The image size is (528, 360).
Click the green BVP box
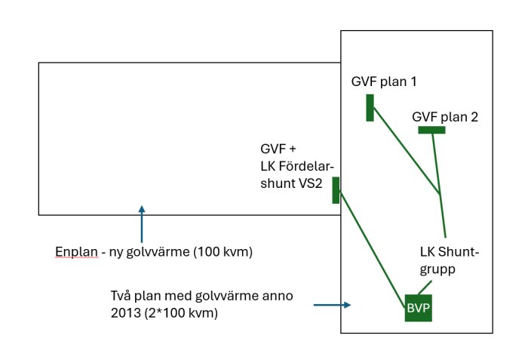[x=419, y=308]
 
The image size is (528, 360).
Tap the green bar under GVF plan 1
[x=370, y=108]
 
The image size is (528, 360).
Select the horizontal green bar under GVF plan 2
[x=431, y=131]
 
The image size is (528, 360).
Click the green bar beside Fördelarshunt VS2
[x=336, y=190]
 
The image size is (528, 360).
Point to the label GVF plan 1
[x=384, y=82]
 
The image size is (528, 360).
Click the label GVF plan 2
[x=445, y=117]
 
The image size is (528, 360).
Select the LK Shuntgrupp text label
[x=450, y=260]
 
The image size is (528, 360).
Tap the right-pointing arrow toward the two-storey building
[x=333, y=306]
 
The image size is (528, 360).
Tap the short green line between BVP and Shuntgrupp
[x=425, y=288]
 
